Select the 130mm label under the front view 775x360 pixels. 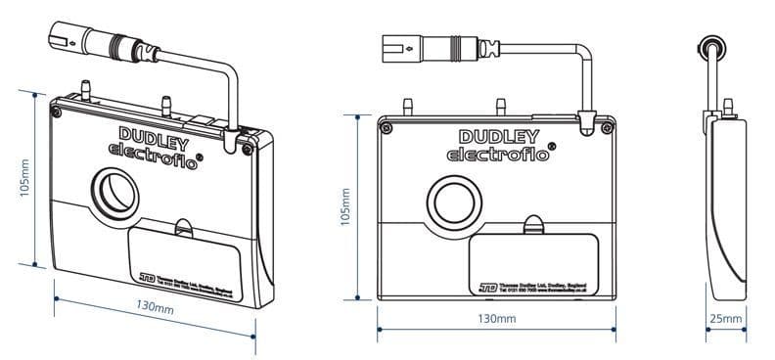click(496, 320)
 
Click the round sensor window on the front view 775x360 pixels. click(457, 202)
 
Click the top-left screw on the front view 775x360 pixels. click(388, 128)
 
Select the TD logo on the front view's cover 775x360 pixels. click(487, 288)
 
